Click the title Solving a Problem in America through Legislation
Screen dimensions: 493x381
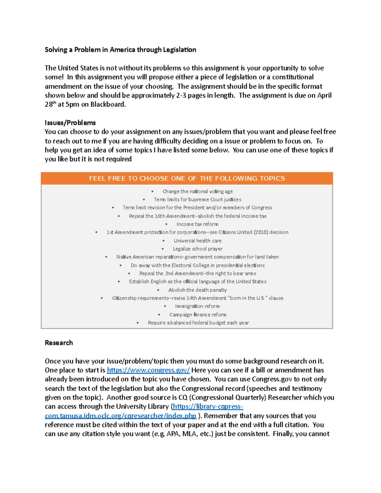[120, 50]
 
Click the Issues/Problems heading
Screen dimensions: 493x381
[70, 123]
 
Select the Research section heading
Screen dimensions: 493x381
[59, 343]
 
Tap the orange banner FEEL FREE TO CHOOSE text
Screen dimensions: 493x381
[187, 178]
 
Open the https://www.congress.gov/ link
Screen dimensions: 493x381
[148, 370]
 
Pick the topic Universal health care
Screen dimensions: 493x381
[197, 241]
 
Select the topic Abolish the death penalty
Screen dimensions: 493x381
[197, 290]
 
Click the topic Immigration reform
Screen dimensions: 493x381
[197, 306]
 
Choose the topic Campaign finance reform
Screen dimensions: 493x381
[198, 315]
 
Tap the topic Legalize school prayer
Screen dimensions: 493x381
[197, 249]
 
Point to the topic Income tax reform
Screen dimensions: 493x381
[197, 224]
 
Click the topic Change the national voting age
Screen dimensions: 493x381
[197, 191]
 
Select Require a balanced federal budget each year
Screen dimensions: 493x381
[198, 323]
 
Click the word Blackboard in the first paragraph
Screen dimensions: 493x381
[108, 104]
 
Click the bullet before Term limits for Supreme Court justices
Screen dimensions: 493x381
[144, 200]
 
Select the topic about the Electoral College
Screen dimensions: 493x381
[197, 265]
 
